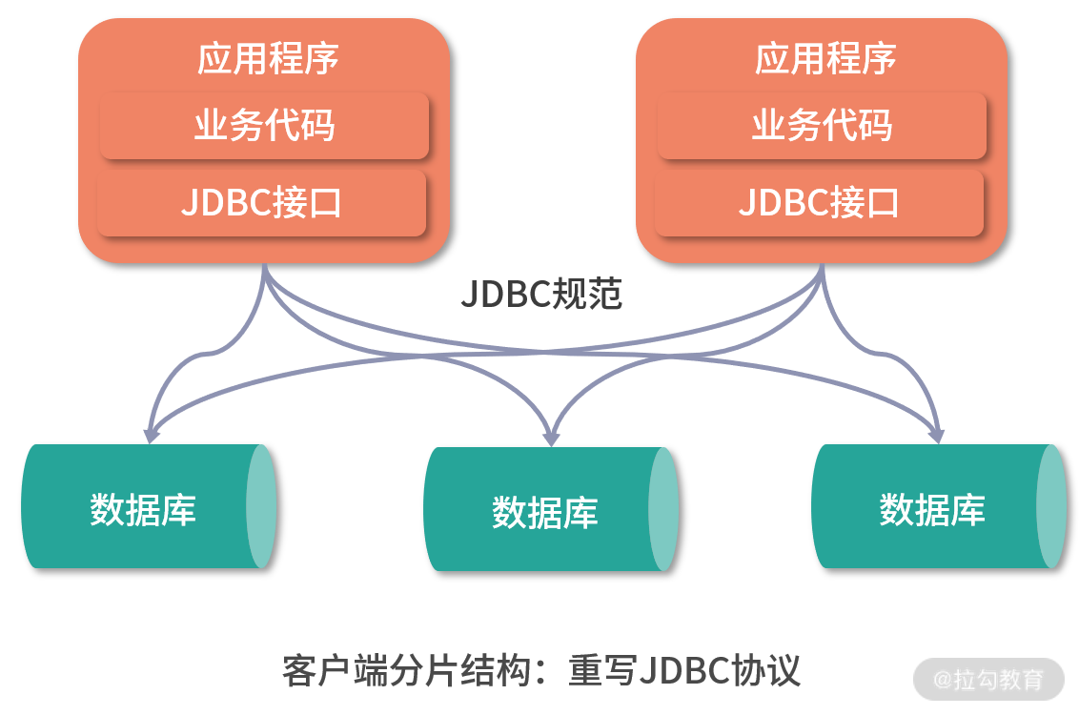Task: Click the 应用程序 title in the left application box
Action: [268, 59]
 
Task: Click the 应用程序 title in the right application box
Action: [825, 59]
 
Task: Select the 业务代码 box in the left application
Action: [264, 126]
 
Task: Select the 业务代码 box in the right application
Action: [822, 126]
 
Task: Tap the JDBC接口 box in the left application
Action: [261, 203]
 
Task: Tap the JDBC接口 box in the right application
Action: [819, 203]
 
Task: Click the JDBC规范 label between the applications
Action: [540, 295]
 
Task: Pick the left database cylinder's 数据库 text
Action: [143, 509]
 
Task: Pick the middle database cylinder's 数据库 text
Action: [545, 513]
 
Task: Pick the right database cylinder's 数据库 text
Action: [932, 509]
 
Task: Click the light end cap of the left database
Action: [261, 506]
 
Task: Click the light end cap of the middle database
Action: [663, 510]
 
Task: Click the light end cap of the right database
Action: [1051, 506]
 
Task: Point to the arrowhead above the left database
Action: [150, 434]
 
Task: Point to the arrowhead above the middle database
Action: [551, 437]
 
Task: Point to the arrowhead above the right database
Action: [936, 434]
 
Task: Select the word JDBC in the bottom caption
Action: [683, 670]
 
